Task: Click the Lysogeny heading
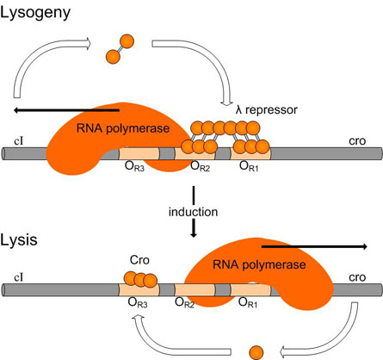point(35,13)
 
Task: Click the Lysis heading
point(19,240)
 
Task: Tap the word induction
point(193,212)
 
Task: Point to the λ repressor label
point(267,109)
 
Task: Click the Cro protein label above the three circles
point(139,260)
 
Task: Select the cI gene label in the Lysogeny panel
point(19,141)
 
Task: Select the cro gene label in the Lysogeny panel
point(357,141)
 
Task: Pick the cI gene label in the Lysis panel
point(19,277)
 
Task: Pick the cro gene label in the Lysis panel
point(357,277)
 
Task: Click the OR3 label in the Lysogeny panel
point(134,166)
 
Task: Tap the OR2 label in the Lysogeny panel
point(201,166)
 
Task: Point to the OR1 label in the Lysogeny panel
point(249,166)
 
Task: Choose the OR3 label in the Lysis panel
point(138,302)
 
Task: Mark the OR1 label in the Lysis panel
point(248,302)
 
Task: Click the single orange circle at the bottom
point(256,352)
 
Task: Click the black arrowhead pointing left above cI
point(17,110)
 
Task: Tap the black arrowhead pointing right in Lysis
point(364,246)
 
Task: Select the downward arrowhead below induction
point(194,234)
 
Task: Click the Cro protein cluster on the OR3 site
point(140,279)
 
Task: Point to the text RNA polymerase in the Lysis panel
point(259,264)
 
